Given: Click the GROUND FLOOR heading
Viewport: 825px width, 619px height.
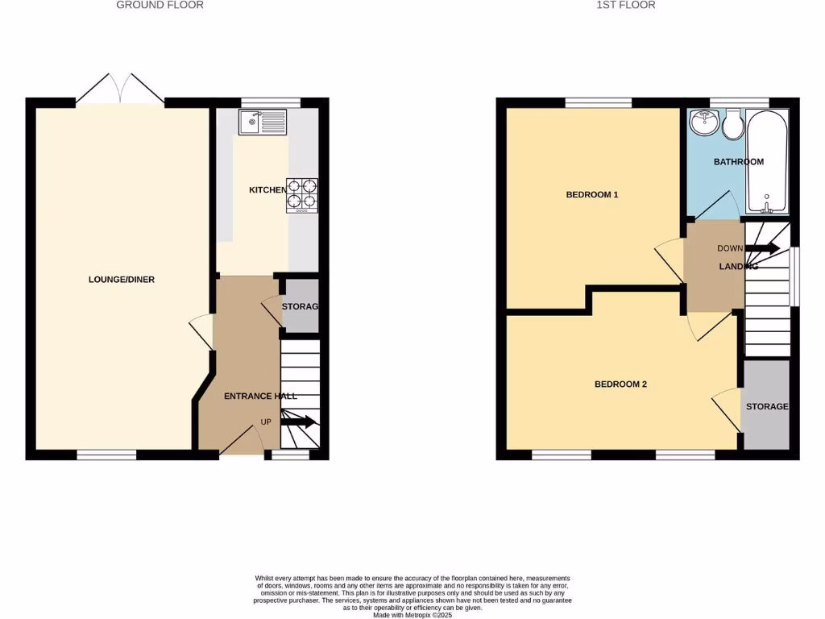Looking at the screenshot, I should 160,5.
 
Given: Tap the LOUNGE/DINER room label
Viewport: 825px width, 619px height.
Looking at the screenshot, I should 122,280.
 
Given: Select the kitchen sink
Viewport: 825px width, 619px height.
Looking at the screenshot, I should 262,123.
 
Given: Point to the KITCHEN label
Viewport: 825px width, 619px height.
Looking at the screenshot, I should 267,189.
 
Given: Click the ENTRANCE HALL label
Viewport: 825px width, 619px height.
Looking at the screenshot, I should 260,396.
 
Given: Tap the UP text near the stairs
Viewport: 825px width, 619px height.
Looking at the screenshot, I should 265,422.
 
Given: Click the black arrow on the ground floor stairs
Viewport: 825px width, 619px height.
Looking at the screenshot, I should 301,422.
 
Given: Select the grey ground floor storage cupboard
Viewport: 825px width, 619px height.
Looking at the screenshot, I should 301,306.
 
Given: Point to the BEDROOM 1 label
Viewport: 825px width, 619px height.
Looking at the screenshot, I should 592,195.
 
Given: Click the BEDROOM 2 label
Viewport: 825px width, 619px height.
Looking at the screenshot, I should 620,384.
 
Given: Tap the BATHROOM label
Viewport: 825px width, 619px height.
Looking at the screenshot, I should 739,162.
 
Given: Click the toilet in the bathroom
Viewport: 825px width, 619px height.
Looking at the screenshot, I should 733,125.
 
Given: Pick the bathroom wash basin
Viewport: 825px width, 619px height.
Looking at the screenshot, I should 705,123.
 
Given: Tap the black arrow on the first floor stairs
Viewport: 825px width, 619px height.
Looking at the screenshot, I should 762,248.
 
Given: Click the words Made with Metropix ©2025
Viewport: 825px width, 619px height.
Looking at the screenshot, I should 412,615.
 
